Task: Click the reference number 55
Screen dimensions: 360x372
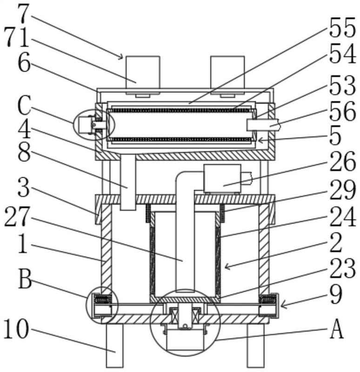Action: tap(342, 27)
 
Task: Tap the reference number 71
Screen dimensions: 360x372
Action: tap(17, 38)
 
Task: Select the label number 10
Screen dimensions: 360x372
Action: tap(16, 329)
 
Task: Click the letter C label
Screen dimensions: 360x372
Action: tap(24, 106)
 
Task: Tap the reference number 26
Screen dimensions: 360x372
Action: tap(342, 161)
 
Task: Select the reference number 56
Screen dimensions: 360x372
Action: tap(342, 111)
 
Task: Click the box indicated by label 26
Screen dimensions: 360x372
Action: tap(222, 179)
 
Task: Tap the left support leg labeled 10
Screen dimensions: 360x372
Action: tap(114, 345)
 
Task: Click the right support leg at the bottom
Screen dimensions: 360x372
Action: tap(256, 345)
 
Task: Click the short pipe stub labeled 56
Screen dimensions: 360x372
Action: tap(263, 125)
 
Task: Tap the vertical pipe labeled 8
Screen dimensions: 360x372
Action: tap(128, 182)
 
